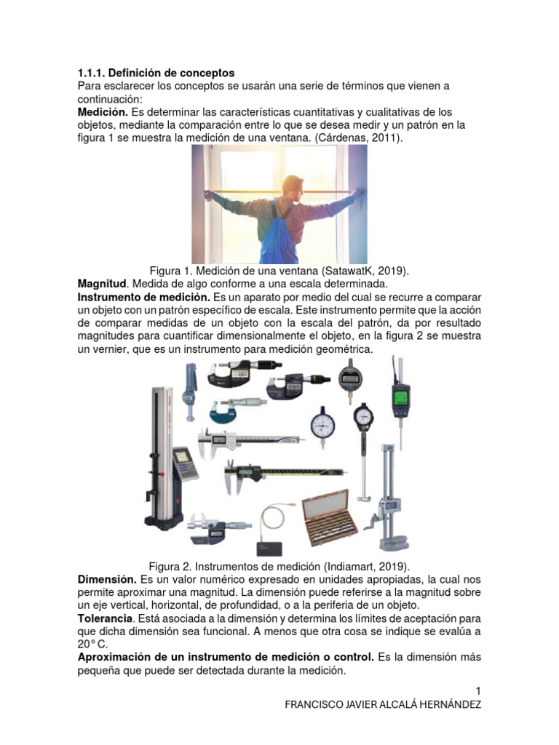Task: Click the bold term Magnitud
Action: [x=102, y=283]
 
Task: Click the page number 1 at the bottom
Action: [x=478, y=690]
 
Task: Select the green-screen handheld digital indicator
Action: [x=400, y=397]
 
